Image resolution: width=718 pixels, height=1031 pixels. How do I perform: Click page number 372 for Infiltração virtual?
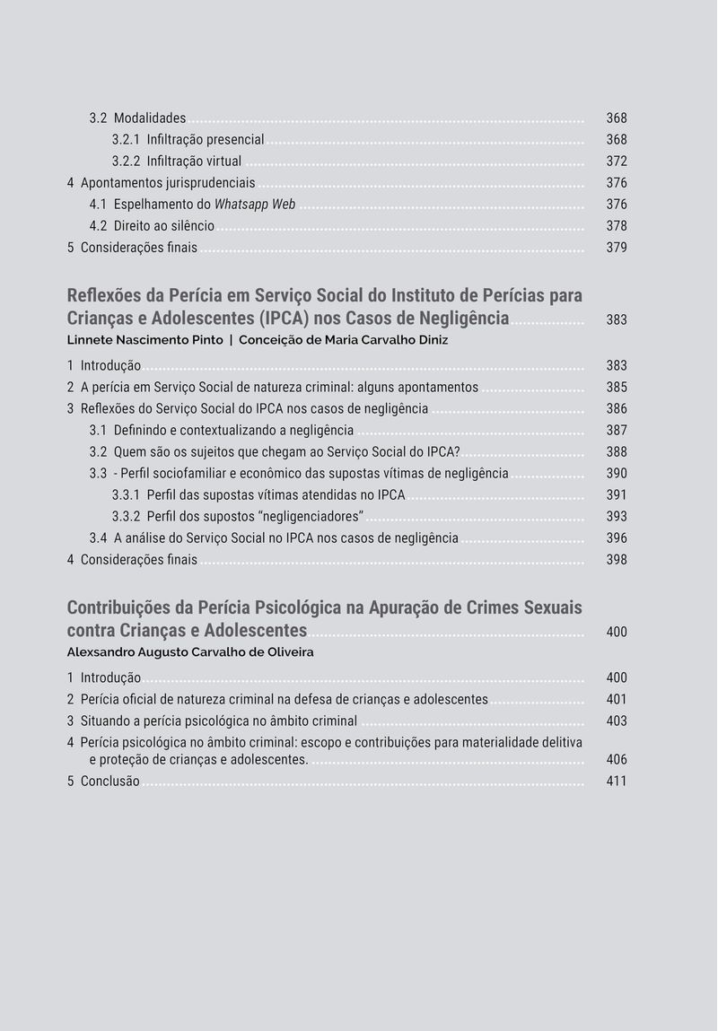tap(617, 162)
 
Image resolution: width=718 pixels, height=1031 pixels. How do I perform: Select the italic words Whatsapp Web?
tap(255, 205)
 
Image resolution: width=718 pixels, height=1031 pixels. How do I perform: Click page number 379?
tap(617, 248)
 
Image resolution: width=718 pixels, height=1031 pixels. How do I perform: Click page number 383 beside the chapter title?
tap(617, 319)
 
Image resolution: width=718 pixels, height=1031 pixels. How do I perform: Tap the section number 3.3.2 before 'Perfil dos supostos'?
tap(126, 517)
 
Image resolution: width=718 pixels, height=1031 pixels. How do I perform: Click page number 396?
tap(617, 538)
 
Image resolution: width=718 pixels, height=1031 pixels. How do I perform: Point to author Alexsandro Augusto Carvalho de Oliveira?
tap(190, 652)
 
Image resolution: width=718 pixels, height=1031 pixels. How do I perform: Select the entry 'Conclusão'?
tap(109, 782)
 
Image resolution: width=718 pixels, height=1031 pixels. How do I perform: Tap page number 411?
tap(617, 782)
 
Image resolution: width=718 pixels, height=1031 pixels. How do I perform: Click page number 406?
tap(617, 760)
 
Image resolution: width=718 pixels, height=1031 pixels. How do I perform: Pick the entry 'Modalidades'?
tap(149, 118)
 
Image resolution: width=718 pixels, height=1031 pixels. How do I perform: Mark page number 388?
tap(617, 452)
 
